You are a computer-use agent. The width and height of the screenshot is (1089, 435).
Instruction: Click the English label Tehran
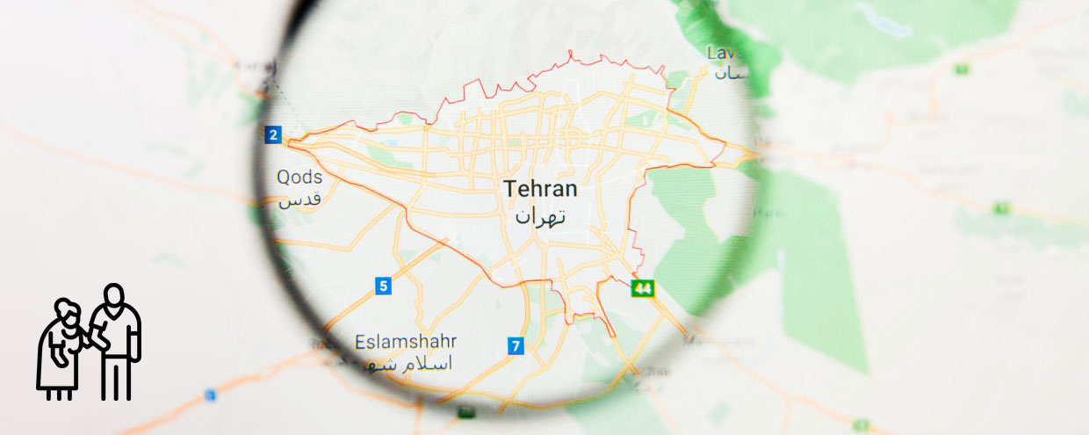point(540,189)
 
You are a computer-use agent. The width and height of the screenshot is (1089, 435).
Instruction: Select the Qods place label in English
point(299,178)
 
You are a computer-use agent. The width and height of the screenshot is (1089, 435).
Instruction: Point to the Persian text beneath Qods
point(300,200)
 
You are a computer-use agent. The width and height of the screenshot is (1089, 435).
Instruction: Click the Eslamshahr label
point(406,341)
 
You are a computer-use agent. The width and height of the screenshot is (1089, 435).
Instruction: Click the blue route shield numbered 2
point(273,134)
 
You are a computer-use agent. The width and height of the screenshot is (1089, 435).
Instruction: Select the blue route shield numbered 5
point(383,286)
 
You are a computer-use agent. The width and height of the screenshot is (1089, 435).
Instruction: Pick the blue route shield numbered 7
point(516,346)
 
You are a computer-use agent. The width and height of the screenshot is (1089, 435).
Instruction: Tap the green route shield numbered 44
point(644,288)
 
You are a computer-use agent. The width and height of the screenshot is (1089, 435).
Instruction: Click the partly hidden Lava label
point(725,54)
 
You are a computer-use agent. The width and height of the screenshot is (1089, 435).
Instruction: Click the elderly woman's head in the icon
point(66,311)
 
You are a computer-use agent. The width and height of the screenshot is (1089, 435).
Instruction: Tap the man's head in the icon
point(112,295)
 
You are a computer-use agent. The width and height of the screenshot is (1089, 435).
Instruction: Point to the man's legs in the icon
point(116,375)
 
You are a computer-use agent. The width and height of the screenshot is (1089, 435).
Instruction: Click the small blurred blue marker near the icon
point(210,395)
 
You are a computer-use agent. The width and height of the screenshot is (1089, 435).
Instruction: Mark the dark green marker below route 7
point(463,411)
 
